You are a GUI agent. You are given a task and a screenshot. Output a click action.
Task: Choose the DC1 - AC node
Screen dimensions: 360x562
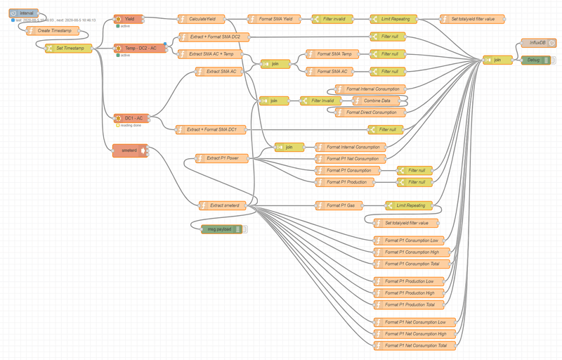[x=133, y=117]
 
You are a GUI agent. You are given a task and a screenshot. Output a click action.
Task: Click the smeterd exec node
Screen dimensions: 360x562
[x=129, y=150]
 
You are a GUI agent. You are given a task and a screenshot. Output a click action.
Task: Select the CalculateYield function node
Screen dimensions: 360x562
[x=202, y=19]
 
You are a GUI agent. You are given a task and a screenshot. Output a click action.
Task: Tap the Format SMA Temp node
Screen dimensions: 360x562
[x=333, y=53]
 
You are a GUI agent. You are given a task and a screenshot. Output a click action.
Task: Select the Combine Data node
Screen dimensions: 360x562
[x=366, y=101]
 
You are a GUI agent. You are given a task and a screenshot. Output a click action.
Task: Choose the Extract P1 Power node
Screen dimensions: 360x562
[x=223, y=158]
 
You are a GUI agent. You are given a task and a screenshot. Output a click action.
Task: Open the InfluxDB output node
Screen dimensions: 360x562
[x=539, y=43]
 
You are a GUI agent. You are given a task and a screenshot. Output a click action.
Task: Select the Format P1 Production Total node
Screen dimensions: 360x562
[x=414, y=304]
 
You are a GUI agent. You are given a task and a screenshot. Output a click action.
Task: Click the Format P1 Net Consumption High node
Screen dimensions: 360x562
[x=415, y=334]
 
